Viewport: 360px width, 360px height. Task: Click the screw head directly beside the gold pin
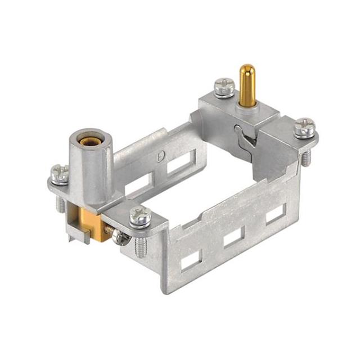coord(224,86)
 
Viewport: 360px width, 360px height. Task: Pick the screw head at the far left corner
coord(60,173)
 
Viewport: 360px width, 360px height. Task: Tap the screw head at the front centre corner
coord(140,215)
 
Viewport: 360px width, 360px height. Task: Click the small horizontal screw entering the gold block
coord(121,237)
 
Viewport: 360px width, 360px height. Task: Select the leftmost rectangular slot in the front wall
coord(191,258)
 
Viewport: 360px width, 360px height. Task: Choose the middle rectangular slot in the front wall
coord(233,238)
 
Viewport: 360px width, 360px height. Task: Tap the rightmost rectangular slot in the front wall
coord(274,215)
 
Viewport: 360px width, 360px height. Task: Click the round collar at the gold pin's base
coord(246,106)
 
